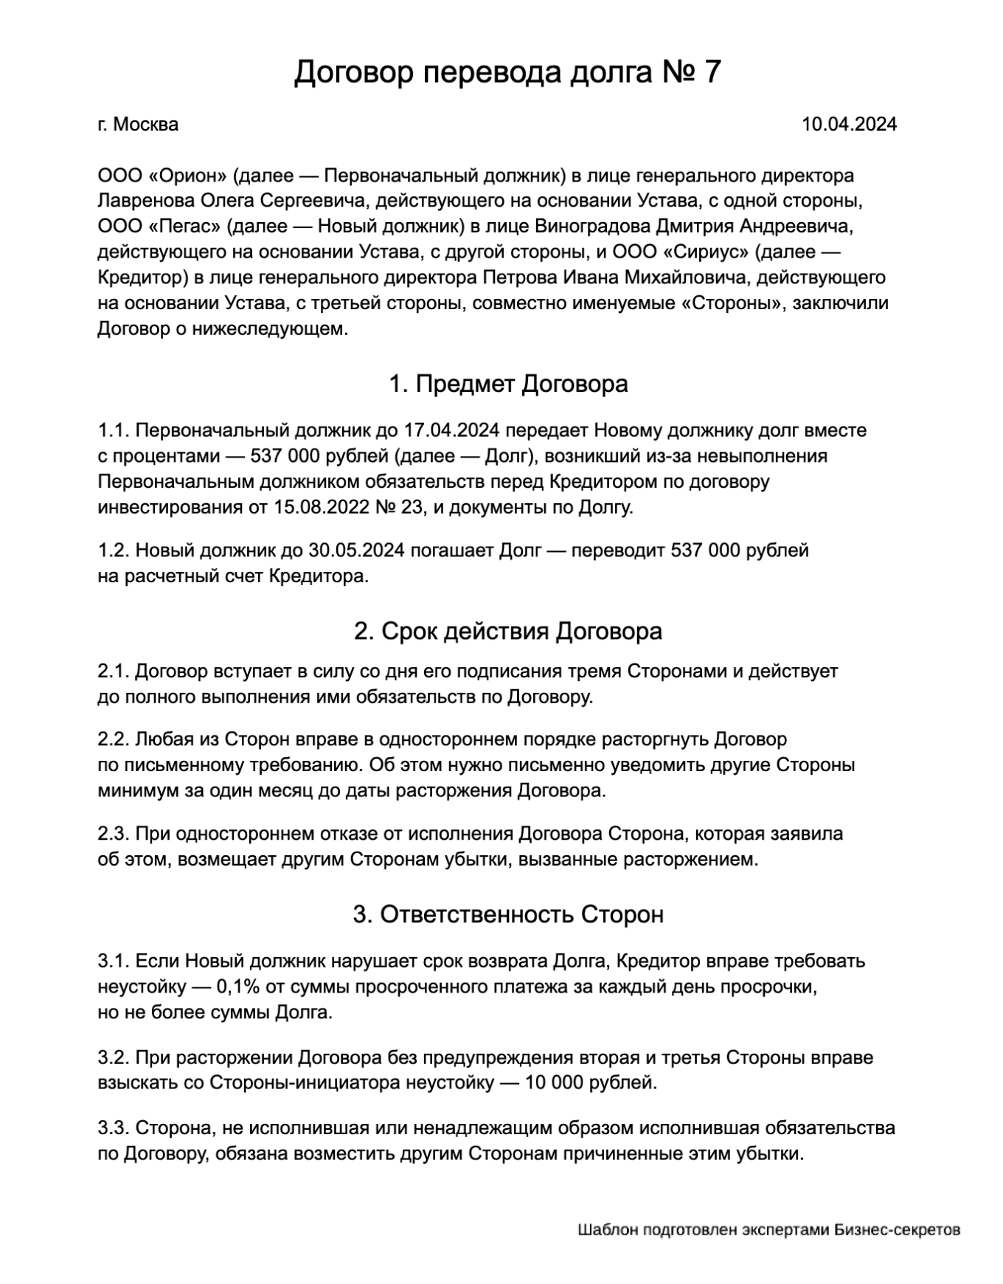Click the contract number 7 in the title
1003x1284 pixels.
712,72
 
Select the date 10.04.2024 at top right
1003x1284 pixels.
849,124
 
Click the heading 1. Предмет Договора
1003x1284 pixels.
508,384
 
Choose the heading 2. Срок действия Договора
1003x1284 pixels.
508,632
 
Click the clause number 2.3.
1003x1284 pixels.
113,834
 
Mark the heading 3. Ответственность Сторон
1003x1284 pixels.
508,915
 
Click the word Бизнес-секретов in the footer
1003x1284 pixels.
898,1230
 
